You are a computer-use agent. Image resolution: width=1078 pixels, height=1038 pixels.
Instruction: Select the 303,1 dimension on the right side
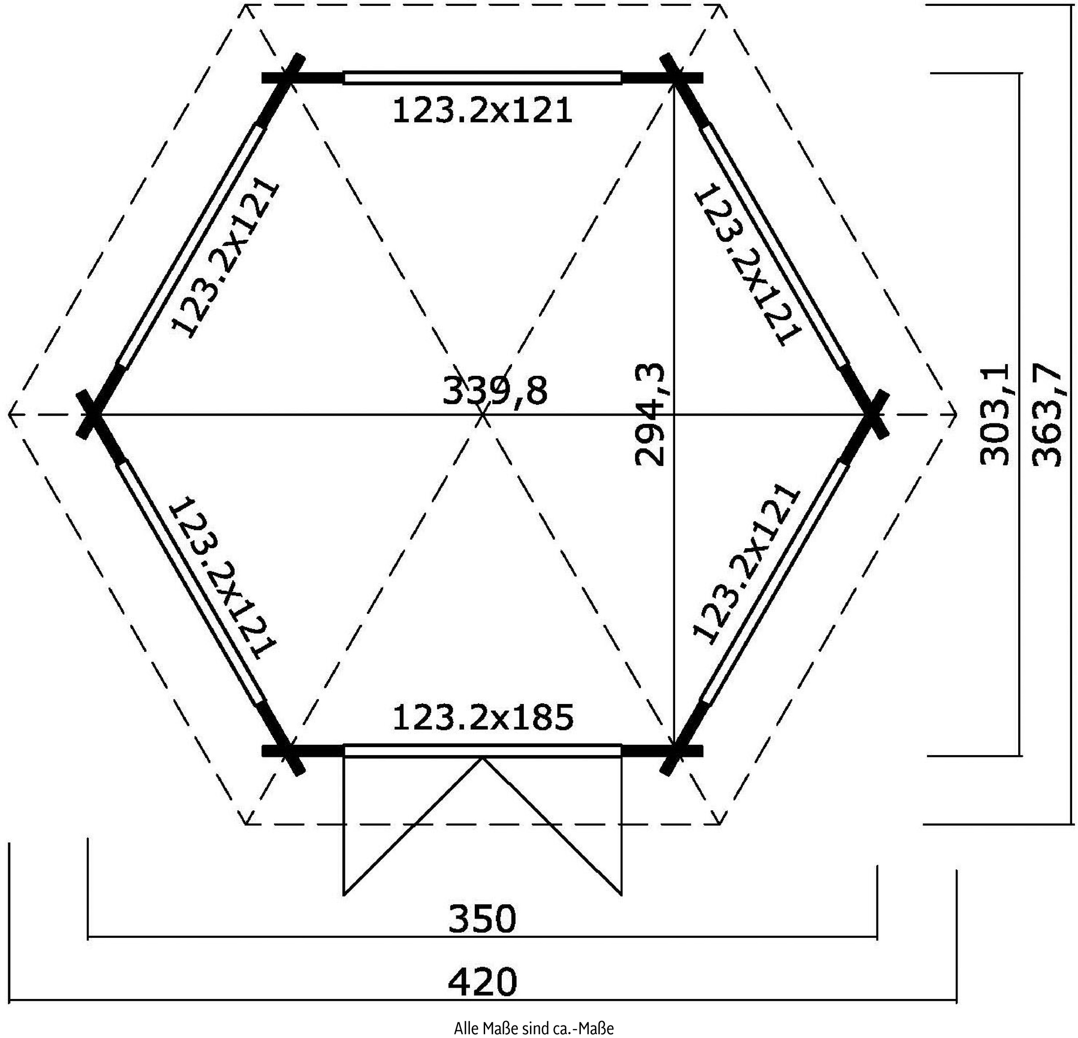pyautogui.click(x=995, y=414)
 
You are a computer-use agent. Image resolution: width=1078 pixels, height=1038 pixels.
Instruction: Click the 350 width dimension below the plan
pyautogui.click(x=482, y=919)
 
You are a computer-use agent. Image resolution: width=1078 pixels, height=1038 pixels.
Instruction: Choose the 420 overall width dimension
pyautogui.click(x=482, y=982)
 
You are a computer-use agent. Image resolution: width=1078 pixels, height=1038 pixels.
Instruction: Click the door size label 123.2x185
pyautogui.click(x=483, y=717)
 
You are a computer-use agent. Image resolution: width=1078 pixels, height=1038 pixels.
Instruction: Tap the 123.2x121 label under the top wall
pyautogui.click(x=482, y=111)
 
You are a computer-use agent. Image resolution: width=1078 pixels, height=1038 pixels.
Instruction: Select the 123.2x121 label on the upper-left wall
pyautogui.click(x=225, y=257)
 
